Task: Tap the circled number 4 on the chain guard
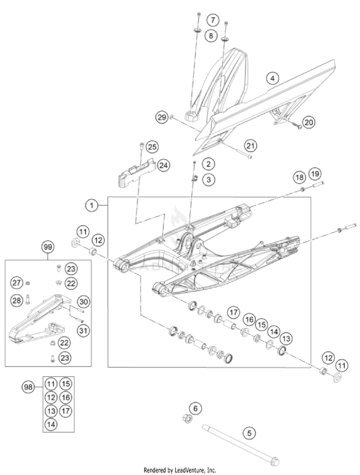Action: pos(272,78)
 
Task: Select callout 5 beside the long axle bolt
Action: pos(249,433)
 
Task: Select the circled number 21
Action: pos(250,145)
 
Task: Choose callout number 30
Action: pos(83,302)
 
